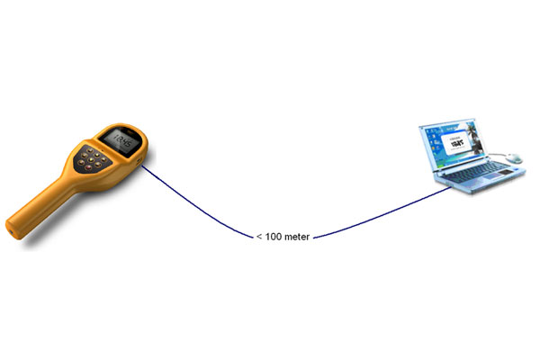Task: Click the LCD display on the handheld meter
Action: pos(116,140)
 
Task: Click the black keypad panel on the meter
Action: pos(95,162)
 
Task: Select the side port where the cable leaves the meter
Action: pos(141,164)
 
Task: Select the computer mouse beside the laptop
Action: pos(514,157)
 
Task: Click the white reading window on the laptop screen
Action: pos(458,142)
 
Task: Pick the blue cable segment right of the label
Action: pos(378,214)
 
